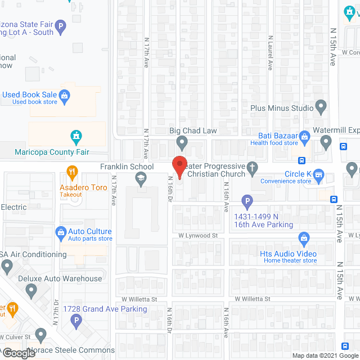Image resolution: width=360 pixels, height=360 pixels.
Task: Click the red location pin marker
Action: (x=179, y=166)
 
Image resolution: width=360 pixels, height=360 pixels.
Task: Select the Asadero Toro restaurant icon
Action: (x=72, y=171)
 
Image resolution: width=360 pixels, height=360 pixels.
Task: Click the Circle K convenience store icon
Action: (x=318, y=175)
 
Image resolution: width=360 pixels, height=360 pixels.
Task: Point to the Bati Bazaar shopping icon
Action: (x=304, y=136)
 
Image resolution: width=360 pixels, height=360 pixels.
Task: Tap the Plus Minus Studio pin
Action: (x=321, y=106)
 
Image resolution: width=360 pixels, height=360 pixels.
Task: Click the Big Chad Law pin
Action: (x=182, y=142)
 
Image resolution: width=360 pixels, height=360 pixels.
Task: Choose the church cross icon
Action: (x=253, y=167)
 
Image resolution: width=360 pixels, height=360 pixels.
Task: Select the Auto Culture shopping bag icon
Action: (x=61, y=232)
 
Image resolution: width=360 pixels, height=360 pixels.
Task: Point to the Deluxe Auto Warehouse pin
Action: (x=31, y=290)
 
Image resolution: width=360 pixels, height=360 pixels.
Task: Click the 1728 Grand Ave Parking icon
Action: (x=76, y=321)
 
